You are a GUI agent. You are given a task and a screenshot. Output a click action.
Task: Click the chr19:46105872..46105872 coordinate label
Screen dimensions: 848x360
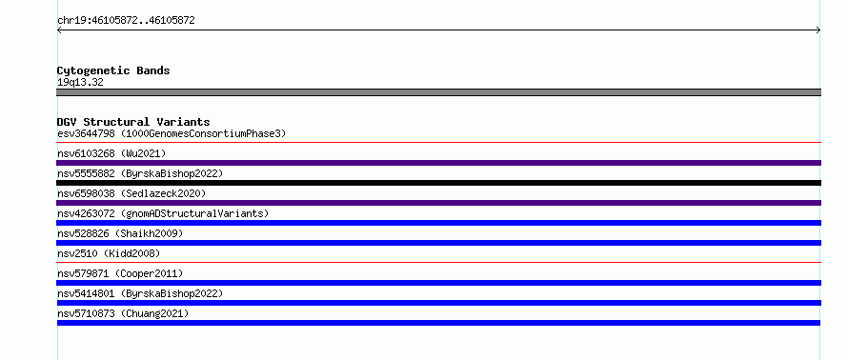click(126, 21)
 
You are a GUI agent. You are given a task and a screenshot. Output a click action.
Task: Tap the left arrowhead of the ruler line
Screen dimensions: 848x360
click(59, 30)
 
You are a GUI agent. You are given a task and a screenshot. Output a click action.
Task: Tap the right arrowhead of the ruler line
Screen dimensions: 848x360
click(818, 30)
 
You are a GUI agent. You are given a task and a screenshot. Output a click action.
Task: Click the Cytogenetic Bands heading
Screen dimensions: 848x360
click(113, 70)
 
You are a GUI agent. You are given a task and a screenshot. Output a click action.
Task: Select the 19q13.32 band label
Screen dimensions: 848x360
click(80, 83)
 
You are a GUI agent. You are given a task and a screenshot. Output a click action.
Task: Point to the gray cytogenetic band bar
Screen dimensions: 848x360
click(438, 92)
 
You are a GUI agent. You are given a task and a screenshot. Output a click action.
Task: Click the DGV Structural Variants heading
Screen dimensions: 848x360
click(133, 122)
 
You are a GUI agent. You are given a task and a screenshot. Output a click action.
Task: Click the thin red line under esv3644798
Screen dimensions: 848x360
click(438, 143)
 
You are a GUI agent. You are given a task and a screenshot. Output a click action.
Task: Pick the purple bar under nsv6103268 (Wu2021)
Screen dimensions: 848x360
click(438, 163)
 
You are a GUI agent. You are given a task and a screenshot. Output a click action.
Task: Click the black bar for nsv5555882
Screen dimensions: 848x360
click(438, 183)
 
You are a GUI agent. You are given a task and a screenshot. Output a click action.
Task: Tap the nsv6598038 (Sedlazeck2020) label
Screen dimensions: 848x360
click(131, 193)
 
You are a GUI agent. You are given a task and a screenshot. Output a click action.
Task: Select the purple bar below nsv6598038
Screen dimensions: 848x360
click(438, 203)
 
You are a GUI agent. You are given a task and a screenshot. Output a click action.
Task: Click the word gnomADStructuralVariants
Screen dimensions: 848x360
click(194, 213)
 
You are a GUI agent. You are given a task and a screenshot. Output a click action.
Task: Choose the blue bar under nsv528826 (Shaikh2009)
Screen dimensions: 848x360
click(438, 243)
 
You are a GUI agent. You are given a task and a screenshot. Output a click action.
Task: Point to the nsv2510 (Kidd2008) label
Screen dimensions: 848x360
click(109, 253)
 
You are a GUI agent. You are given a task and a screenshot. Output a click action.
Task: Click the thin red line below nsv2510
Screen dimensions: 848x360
click(438, 263)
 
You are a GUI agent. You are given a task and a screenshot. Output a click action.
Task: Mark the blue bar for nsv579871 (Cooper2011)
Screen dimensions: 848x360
click(438, 283)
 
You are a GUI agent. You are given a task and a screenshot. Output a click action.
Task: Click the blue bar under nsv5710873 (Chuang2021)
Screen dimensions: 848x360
click(438, 323)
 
